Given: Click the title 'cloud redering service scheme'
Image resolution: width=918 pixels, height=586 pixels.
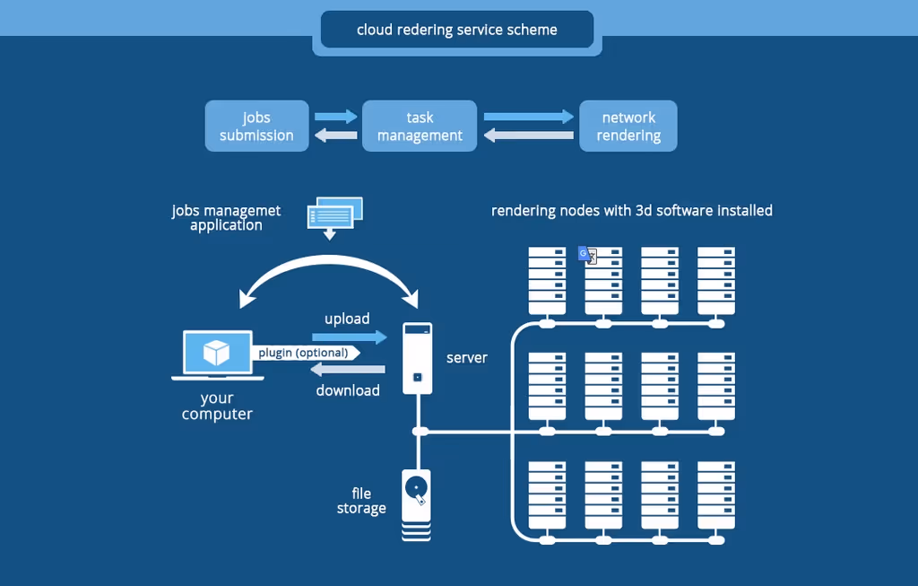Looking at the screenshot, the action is pyautogui.click(x=456, y=30).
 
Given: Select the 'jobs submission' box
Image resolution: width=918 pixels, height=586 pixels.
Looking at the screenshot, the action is pyautogui.click(x=257, y=126).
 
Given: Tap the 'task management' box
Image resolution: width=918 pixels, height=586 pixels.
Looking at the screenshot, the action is pyautogui.click(x=420, y=126).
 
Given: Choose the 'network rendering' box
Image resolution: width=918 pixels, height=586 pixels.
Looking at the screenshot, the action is pyautogui.click(x=628, y=126).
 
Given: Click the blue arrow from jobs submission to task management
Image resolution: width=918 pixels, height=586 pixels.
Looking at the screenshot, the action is pyautogui.click(x=335, y=116).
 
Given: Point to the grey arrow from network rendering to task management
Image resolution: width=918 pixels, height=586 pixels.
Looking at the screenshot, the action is pyautogui.click(x=529, y=136).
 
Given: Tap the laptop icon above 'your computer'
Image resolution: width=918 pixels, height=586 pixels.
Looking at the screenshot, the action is pyautogui.click(x=218, y=355).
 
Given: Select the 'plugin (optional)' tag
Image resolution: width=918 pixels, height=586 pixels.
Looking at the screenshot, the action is pyautogui.click(x=307, y=353).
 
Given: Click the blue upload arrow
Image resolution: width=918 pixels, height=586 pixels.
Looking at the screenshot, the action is pyautogui.click(x=350, y=337).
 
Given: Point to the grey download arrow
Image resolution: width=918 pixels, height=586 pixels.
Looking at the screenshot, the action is pyautogui.click(x=348, y=369).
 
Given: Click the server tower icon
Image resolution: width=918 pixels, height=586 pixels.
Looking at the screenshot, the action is pyautogui.click(x=418, y=358).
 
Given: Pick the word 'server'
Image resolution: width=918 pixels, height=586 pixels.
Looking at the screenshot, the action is pyautogui.click(x=466, y=358).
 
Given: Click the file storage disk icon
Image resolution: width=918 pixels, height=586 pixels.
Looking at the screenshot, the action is pyautogui.click(x=416, y=504).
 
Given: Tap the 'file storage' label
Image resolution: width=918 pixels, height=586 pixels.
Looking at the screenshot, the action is pyautogui.click(x=361, y=501).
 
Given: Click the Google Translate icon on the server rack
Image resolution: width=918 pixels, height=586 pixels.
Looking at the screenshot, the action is pyautogui.click(x=587, y=255).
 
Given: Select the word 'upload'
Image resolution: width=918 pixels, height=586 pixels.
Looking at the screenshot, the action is pyautogui.click(x=347, y=319).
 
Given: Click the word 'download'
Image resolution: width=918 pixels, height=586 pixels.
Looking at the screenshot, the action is pyautogui.click(x=348, y=390).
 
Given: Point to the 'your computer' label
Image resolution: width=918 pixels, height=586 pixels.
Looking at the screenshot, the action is pyautogui.click(x=217, y=407).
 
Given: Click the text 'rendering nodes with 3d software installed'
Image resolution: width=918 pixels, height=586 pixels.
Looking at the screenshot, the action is pyautogui.click(x=632, y=211).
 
